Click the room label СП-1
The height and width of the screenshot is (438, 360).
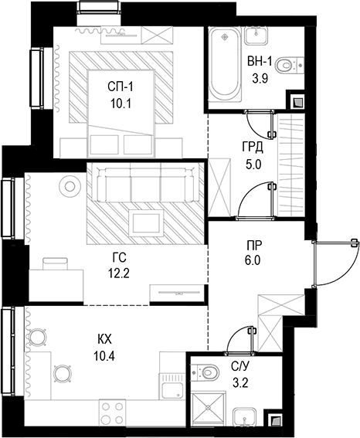coord(121,87)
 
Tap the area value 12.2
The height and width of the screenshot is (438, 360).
coord(119,273)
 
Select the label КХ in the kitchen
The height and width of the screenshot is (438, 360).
coord(104,340)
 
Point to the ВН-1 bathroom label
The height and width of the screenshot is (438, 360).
coord(260,61)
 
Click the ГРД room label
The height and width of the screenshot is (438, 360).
coord(253,148)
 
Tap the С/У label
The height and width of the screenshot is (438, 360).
coord(239,367)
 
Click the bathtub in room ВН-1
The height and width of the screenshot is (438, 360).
coord(225,65)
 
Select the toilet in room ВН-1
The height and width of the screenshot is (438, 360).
coord(290,66)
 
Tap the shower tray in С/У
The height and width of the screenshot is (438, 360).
coord(208,409)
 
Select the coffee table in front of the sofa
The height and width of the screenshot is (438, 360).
coord(146,223)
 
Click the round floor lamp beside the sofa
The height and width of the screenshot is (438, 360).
coord(70,185)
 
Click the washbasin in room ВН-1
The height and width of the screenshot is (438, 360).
coord(256,36)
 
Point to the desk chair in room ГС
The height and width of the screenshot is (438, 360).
coord(55,263)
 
